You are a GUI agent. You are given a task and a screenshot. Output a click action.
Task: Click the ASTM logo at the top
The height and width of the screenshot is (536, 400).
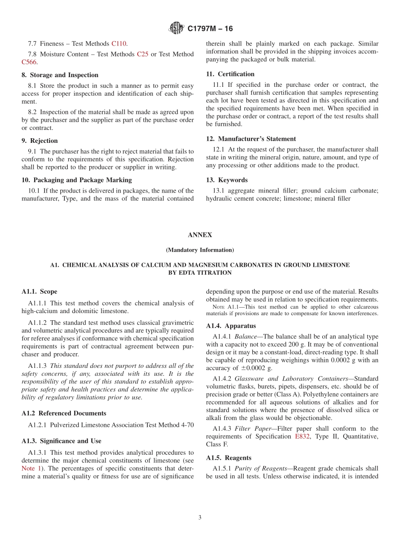(176, 28)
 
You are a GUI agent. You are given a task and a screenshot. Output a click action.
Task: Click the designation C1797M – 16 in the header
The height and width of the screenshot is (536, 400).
(210, 29)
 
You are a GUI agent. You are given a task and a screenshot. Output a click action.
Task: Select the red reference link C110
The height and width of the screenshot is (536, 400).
(119, 43)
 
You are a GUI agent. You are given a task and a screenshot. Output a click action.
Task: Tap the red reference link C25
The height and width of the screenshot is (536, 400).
(142, 54)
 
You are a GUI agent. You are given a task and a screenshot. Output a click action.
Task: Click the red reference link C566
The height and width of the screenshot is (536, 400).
(29, 62)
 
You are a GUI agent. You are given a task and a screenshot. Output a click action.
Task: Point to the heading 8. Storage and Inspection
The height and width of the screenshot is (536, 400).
(60, 75)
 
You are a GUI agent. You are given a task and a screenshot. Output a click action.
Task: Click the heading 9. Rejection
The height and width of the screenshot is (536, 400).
(40, 141)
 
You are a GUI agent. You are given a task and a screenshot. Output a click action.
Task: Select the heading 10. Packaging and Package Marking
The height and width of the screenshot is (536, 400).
(77, 180)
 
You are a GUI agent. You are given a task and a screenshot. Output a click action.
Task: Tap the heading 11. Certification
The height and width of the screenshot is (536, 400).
(230, 74)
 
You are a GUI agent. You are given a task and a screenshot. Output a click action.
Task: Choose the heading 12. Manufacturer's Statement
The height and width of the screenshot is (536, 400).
(251, 139)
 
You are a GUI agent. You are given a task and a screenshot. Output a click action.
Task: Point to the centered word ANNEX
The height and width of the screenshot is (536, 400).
(200, 235)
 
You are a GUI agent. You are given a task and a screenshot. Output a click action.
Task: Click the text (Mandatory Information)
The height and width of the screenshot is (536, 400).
(200, 250)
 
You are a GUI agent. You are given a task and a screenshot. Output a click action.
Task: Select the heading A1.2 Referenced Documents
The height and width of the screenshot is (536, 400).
(64, 413)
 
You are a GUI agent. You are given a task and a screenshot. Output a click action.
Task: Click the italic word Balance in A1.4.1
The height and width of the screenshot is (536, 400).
(244, 337)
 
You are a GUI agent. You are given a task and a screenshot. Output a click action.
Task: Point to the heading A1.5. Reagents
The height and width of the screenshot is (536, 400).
(229, 458)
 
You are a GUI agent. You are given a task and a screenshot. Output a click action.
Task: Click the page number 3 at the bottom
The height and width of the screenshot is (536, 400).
(200, 517)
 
